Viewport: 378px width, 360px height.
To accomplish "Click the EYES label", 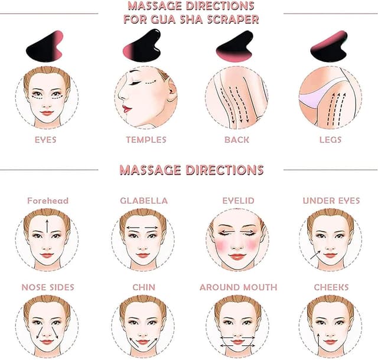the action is point(45,140).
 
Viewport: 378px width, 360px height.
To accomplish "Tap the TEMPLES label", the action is point(146,140).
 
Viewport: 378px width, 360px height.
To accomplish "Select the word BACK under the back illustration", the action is point(237,140).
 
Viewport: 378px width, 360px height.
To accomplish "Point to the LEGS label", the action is point(331,140).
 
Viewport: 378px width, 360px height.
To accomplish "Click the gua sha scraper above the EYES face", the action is point(45,47).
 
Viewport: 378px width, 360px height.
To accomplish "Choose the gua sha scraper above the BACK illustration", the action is point(235,46).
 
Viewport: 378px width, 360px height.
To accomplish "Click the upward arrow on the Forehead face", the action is point(47,226).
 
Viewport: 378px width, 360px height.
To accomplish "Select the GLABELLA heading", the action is point(144,201).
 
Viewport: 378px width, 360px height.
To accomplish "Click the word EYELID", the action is point(238,201).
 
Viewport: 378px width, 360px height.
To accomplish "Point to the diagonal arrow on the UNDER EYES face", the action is point(315,255).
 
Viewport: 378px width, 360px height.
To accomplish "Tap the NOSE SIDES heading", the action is point(48,287).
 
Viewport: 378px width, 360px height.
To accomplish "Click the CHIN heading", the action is point(144,287).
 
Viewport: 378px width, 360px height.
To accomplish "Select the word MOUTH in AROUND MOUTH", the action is point(260,287).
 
